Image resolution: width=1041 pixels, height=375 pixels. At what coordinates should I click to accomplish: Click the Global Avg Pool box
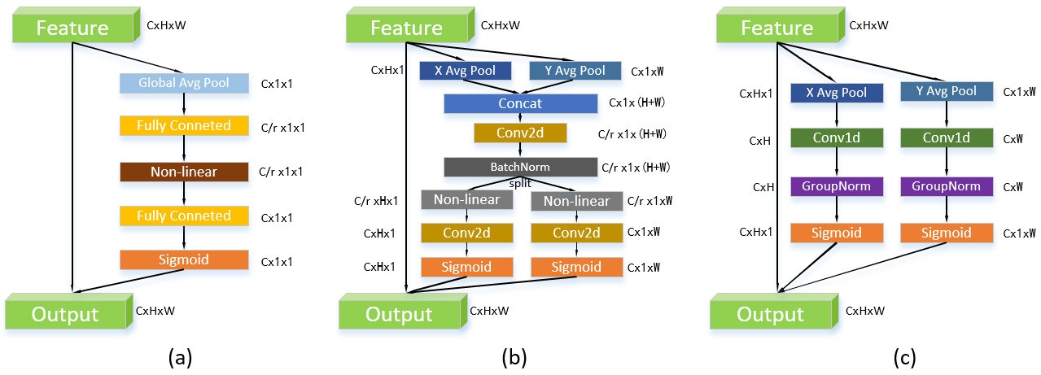183,83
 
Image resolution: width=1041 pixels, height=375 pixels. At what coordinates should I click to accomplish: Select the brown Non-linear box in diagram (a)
183,172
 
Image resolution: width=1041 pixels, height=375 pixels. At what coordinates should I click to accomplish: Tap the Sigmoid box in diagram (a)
183,259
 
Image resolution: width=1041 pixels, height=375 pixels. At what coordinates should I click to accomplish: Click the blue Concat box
520,103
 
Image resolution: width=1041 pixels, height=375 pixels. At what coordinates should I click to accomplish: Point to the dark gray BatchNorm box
520,167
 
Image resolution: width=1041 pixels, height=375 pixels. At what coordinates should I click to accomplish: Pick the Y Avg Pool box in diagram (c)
947,92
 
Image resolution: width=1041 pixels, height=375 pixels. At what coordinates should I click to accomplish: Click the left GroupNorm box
837,186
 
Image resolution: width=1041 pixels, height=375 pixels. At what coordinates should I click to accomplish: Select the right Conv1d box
947,139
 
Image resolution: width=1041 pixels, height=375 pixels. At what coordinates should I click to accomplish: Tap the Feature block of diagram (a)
72,28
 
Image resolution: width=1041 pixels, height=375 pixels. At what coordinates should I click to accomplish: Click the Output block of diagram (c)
771,314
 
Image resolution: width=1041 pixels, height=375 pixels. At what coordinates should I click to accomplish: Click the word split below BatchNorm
520,184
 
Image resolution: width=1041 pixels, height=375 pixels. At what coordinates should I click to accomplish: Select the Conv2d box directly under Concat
507,133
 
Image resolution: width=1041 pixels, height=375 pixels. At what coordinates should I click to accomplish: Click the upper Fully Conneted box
183,126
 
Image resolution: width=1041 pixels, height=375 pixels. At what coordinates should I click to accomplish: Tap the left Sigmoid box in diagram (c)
837,233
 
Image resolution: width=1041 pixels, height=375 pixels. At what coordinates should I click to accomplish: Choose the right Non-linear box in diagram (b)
576,201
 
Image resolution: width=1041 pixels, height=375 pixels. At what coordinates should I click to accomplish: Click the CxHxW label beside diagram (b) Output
488,311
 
